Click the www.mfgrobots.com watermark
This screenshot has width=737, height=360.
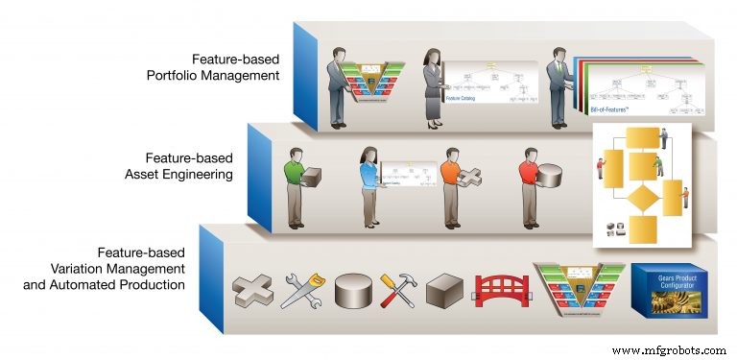tap(668, 349)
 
